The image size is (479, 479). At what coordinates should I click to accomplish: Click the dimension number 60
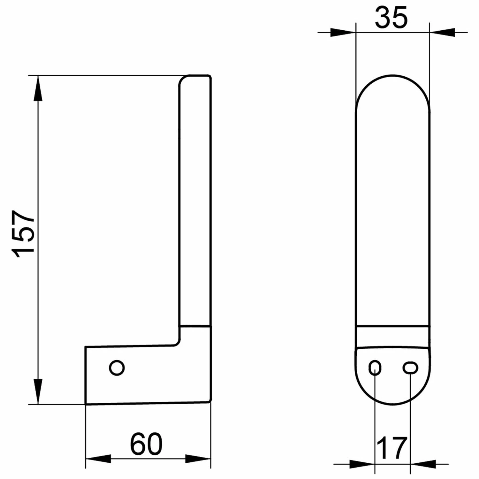(146, 444)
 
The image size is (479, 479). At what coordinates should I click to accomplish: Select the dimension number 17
(392, 448)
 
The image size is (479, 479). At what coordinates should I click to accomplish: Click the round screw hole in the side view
(117, 368)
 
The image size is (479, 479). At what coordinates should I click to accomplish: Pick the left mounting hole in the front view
(375, 368)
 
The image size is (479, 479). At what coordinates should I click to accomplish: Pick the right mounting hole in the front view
(410, 368)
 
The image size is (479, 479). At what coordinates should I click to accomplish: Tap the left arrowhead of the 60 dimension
(98, 459)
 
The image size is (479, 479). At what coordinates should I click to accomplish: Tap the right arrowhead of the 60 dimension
(198, 459)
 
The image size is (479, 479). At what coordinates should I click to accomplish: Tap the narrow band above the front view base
(392, 336)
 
